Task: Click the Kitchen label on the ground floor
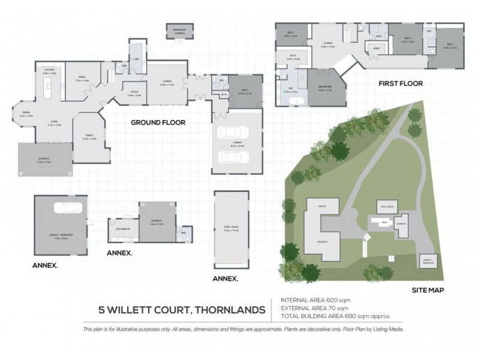pos(49,71)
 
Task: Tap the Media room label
pos(82,77)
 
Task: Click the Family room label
pos(89,137)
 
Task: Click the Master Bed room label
pos(325,88)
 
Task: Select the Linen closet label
pos(376,49)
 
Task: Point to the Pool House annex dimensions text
pos(231,230)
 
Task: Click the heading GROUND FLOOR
pos(158,122)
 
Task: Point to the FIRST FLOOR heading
pos(401,83)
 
